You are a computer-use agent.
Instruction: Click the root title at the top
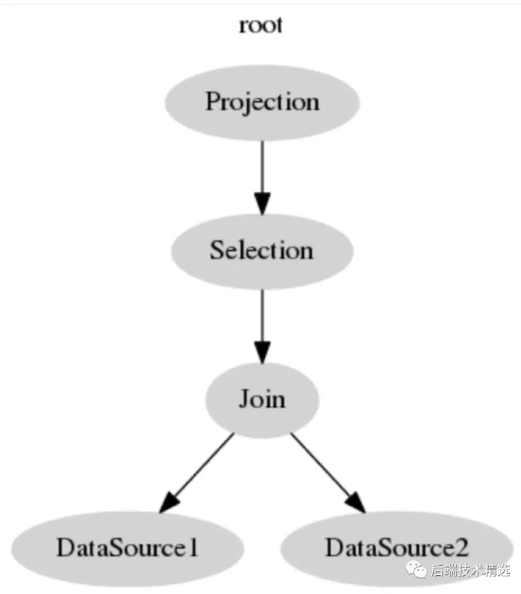pyautogui.click(x=260, y=25)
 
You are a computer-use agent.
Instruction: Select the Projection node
pyautogui.click(x=262, y=103)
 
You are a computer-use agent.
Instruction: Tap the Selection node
pyautogui.click(x=262, y=251)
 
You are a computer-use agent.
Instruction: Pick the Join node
pyautogui.click(x=262, y=400)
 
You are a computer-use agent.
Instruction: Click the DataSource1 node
pyautogui.click(x=127, y=549)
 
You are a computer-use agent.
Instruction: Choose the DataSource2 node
pyautogui.click(x=396, y=549)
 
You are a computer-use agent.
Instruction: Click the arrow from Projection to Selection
pyautogui.click(x=262, y=178)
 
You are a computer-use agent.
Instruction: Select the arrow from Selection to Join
pyautogui.click(x=262, y=327)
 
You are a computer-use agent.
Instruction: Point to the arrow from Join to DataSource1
pyautogui.click(x=197, y=473)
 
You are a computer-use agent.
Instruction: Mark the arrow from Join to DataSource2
pyautogui.click(x=328, y=473)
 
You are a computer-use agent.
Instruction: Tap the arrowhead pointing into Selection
pyautogui.click(x=262, y=203)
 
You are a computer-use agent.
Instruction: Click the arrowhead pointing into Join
pyautogui.click(x=262, y=352)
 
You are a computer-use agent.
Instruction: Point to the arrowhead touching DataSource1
pyautogui.click(x=169, y=502)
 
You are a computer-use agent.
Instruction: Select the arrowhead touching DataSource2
pyautogui.click(x=356, y=502)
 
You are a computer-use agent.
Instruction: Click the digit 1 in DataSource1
pyautogui.click(x=193, y=548)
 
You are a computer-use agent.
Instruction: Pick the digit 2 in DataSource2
pyautogui.click(x=462, y=548)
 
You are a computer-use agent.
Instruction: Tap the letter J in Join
pyautogui.click(x=244, y=399)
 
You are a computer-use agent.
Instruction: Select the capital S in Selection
pyautogui.click(x=216, y=250)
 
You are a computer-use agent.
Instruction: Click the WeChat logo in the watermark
pyautogui.click(x=416, y=570)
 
